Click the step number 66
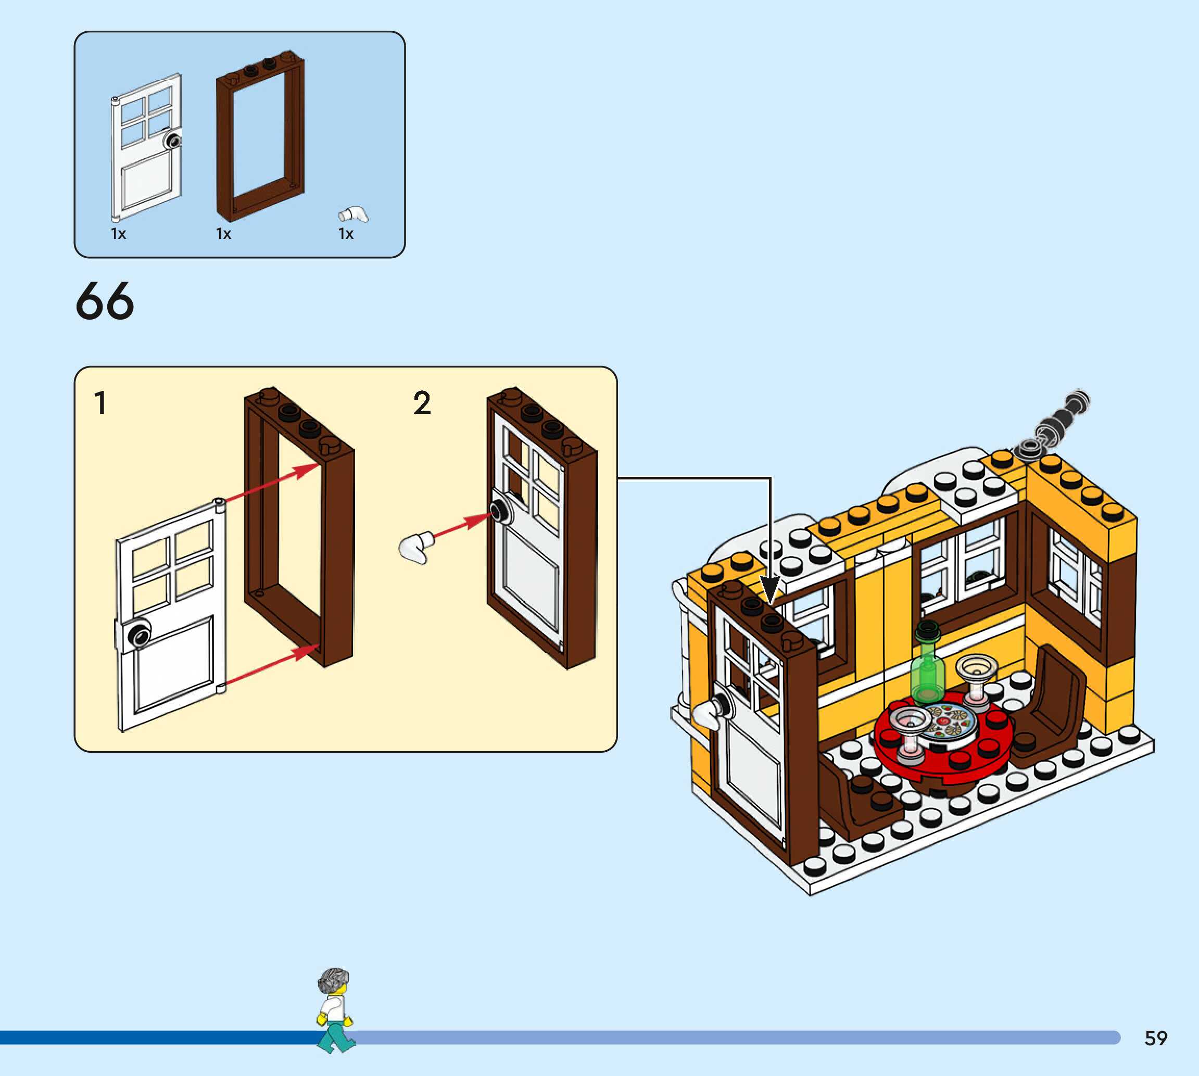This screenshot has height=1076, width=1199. pyautogui.click(x=105, y=301)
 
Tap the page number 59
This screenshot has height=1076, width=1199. pyautogui.click(x=1155, y=1037)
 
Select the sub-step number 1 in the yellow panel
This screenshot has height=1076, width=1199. pyautogui.click(x=100, y=403)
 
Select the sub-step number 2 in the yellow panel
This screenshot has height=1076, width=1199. pyautogui.click(x=422, y=403)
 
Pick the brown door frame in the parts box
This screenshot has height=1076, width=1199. pyautogui.click(x=260, y=136)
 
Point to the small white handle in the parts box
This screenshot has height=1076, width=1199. pyautogui.click(x=353, y=214)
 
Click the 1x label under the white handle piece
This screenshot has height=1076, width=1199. pyautogui.click(x=346, y=234)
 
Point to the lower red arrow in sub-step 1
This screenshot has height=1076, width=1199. pyautogui.click(x=272, y=668)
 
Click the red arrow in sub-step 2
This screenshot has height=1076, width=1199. pyautogui.click(x=461, y=526)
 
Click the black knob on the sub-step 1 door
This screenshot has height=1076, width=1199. pyautogui.click(x=140, y=636)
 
